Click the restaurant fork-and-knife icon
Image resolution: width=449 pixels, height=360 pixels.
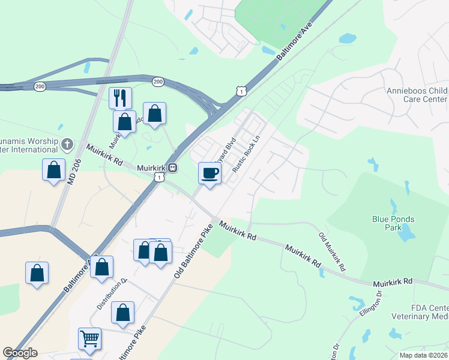click(120, 97)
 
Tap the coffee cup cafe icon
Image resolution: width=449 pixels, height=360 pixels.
click(209, 173)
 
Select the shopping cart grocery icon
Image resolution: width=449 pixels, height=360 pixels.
click(89, 338)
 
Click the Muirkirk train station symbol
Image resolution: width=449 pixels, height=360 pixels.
click(172, 168)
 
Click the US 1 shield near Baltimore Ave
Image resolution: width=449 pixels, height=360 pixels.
click(241, 91)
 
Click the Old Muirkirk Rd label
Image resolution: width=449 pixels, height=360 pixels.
click(332, 250)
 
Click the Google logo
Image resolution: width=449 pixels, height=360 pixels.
click(20, 353)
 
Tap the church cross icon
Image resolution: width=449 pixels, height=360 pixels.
click(67, 144)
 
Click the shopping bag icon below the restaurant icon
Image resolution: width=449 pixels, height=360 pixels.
click(124, 122)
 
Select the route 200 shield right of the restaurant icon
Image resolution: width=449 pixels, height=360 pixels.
click(158, 81)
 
